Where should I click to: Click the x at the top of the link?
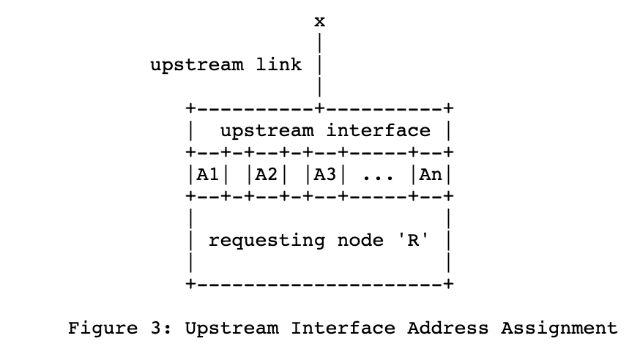pos(320,21)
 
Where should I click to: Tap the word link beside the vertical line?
pos(278,64)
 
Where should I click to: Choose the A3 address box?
pos(325,175)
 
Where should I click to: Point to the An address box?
pos(431,175)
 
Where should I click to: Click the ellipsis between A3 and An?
pos(378,178)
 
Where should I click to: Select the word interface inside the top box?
pos(379,131)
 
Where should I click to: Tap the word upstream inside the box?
pos(267,132)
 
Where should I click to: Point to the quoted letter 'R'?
pos(412,240)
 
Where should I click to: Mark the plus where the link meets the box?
pos(320,109)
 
